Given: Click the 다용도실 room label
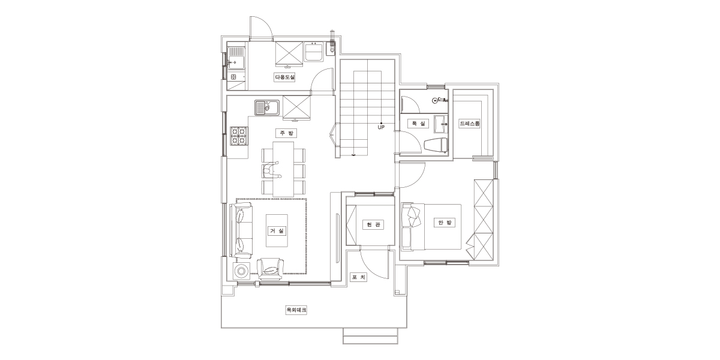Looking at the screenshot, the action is point(284,77).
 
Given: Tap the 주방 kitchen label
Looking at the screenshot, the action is point(286,133).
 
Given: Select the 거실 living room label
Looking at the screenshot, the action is point(277,231).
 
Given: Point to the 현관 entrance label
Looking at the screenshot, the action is point(373,224).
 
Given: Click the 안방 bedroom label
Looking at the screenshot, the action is point(445,223).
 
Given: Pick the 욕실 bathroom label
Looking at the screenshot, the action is point(418,124).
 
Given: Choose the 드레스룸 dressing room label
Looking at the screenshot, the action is point(470,124).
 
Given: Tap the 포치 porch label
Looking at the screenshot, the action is point(359,277).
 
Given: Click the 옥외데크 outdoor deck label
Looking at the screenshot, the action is point(296,310).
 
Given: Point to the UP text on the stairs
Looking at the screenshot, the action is point(381,127).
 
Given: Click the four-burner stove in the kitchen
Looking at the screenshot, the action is point(239,136).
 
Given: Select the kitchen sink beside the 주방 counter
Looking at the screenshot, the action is point(267,107).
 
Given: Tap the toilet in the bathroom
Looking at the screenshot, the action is point(436,145).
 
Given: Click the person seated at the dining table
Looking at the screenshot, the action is point(271,170).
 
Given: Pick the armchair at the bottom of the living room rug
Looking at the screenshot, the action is point(271,269).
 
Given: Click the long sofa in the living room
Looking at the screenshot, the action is point(241,230).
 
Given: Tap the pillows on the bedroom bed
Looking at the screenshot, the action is point(413,217).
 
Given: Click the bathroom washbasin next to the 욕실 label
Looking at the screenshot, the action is point(440,124).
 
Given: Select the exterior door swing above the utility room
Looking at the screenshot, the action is point(261,28).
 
